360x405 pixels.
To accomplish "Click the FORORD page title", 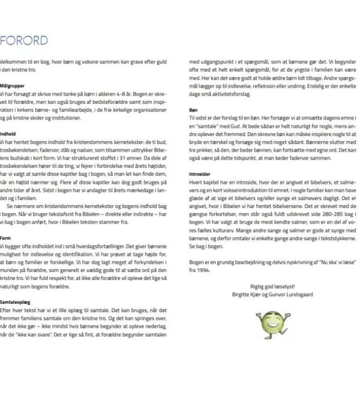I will [24, 41].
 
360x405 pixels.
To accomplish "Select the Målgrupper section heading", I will [12, 86].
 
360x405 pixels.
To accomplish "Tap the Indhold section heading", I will [8, 134].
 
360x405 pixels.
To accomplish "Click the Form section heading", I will [5, 238].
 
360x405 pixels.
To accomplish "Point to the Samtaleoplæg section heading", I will [15, 302].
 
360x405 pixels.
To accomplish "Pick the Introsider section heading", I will [199, 174].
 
